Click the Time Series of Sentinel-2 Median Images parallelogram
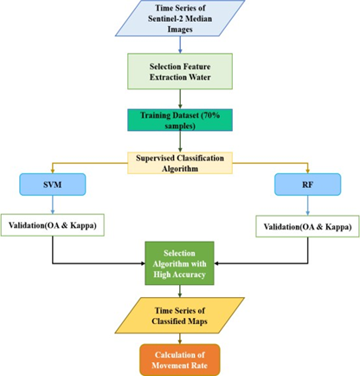180,18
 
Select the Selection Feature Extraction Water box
180,71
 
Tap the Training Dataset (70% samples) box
180,120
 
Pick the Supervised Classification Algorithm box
180,163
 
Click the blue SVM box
53,185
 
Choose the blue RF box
307,185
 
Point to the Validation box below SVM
53,225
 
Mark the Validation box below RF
307,226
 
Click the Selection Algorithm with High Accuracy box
179,263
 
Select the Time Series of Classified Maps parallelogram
180,315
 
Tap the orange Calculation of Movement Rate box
180,360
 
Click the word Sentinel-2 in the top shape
164,18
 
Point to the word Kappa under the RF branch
338,227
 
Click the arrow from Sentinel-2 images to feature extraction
180,45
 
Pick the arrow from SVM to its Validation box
53,204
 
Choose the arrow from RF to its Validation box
307,205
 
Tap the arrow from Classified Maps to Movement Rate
180,339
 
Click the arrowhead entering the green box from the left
143,263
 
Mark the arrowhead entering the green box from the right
216,263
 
